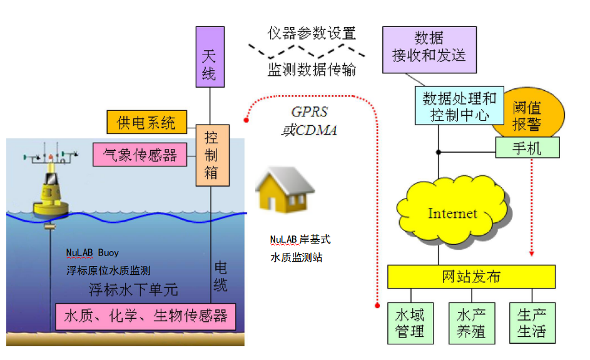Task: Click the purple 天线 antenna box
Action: [210, 56]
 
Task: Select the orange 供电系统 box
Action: [147, 122]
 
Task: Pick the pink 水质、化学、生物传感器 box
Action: [146, 316]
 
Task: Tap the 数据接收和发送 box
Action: [429, 49]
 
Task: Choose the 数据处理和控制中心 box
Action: [459, 106]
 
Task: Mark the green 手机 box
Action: [527, 148]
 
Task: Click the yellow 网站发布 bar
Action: [471, 276]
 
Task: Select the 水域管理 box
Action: [410, 322]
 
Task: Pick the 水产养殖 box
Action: [471, 322]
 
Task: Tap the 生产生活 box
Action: [532, 322]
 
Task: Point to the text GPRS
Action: [309, 111]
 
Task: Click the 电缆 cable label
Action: [221, 275]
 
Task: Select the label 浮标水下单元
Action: [133, 289]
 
